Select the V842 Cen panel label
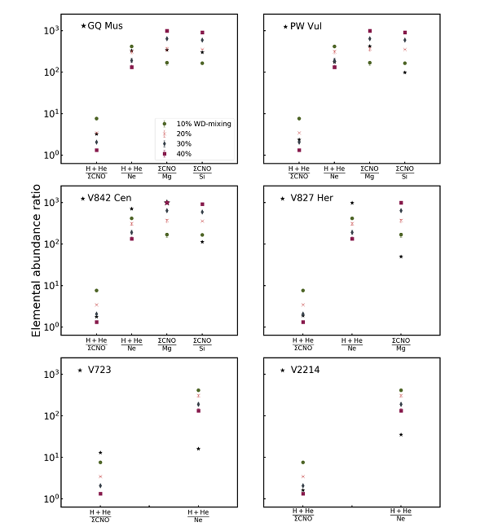pyautogui.click(x=109, y=199)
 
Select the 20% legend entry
pyautogui.click(x=183, y=134)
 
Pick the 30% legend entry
pyautogui.click(x=183, y=143)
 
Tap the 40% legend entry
pyautogui.click(x=183, y=153)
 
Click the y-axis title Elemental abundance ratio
pyautogui.click(x=37, y=265)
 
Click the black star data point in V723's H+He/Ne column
pyautogui.click(x=198, y=449)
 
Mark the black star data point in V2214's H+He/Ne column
pyautogui.click(x=401, y=435)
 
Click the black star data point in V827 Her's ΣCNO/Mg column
pyautogui.click(x=401, y=257)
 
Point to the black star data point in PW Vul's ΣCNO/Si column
pyautogui.click(x=404, y=72)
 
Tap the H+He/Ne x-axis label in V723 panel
pyautogui.click(x=198, y=516)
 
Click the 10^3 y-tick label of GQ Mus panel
pyautogui.click(x=51, y=31)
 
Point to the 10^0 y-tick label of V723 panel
pyautogui.click(x=51, y=499)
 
